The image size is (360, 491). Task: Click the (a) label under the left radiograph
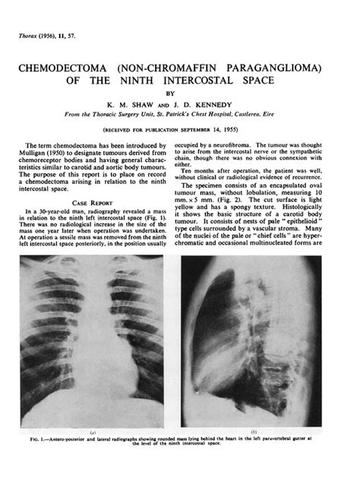click(92, 433)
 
